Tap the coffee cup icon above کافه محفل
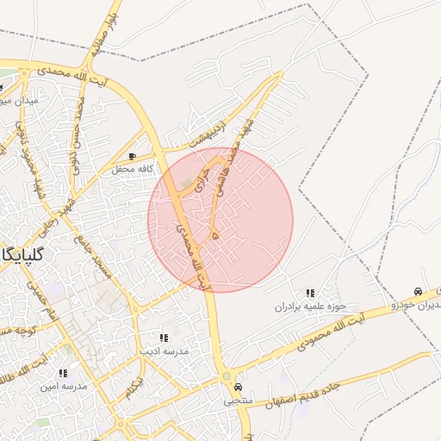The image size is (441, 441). click(132, 156)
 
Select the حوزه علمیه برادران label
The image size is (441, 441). click(310, 307)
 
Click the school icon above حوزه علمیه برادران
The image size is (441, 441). click(310, 294)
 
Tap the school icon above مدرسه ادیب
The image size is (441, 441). click(164, 338)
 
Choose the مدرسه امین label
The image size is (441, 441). click(63, 387)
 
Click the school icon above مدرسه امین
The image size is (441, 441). click(62, 373)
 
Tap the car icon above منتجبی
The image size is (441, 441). click(239, 388)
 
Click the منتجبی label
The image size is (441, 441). click(239, 401)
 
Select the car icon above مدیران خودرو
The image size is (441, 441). click(418, 292)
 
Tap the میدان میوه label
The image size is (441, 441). click(17, 101)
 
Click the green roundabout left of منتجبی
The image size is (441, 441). click(226, 377)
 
